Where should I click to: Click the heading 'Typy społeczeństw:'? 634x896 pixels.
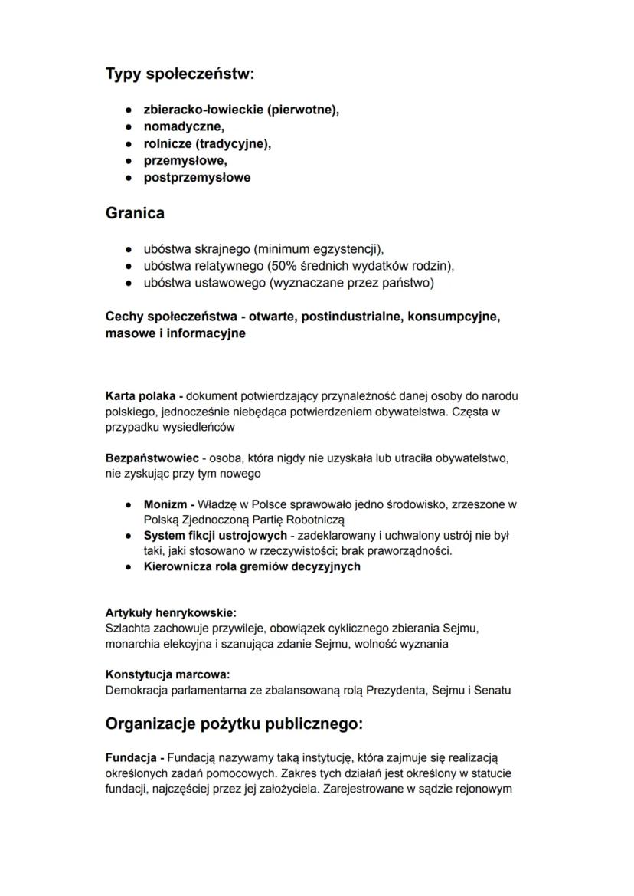179,74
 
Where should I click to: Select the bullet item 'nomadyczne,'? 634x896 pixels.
184,126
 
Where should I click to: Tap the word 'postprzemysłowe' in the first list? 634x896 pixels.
197,177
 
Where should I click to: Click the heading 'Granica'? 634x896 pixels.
135,214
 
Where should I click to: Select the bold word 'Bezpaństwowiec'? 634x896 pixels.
152,458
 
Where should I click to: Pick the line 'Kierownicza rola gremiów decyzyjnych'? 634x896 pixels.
252,566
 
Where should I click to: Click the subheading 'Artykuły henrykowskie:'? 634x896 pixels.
171,613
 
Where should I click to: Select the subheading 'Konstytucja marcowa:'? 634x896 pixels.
168,674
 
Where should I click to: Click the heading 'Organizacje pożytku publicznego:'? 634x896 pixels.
234,724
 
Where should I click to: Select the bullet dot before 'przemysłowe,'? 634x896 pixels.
128,161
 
